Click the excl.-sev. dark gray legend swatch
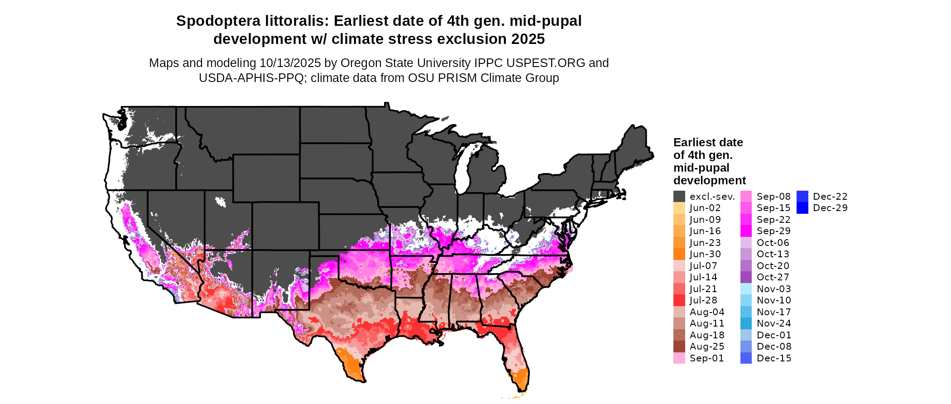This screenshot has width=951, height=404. coord(679,197)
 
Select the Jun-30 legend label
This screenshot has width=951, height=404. coord(705,254)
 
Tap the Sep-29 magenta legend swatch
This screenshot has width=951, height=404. coord(746,231)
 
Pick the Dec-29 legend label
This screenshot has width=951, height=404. coord(830,208)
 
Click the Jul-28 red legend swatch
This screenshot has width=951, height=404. coord(679,300)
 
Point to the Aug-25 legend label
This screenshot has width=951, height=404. coord(707,346)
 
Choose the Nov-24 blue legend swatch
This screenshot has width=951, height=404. coord(746,323)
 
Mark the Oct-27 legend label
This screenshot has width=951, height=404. coord(773,277)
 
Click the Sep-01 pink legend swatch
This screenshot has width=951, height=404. coord(679,358)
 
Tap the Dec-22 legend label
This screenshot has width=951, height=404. coord(830,197)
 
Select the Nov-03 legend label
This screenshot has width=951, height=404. coord(774,289)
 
